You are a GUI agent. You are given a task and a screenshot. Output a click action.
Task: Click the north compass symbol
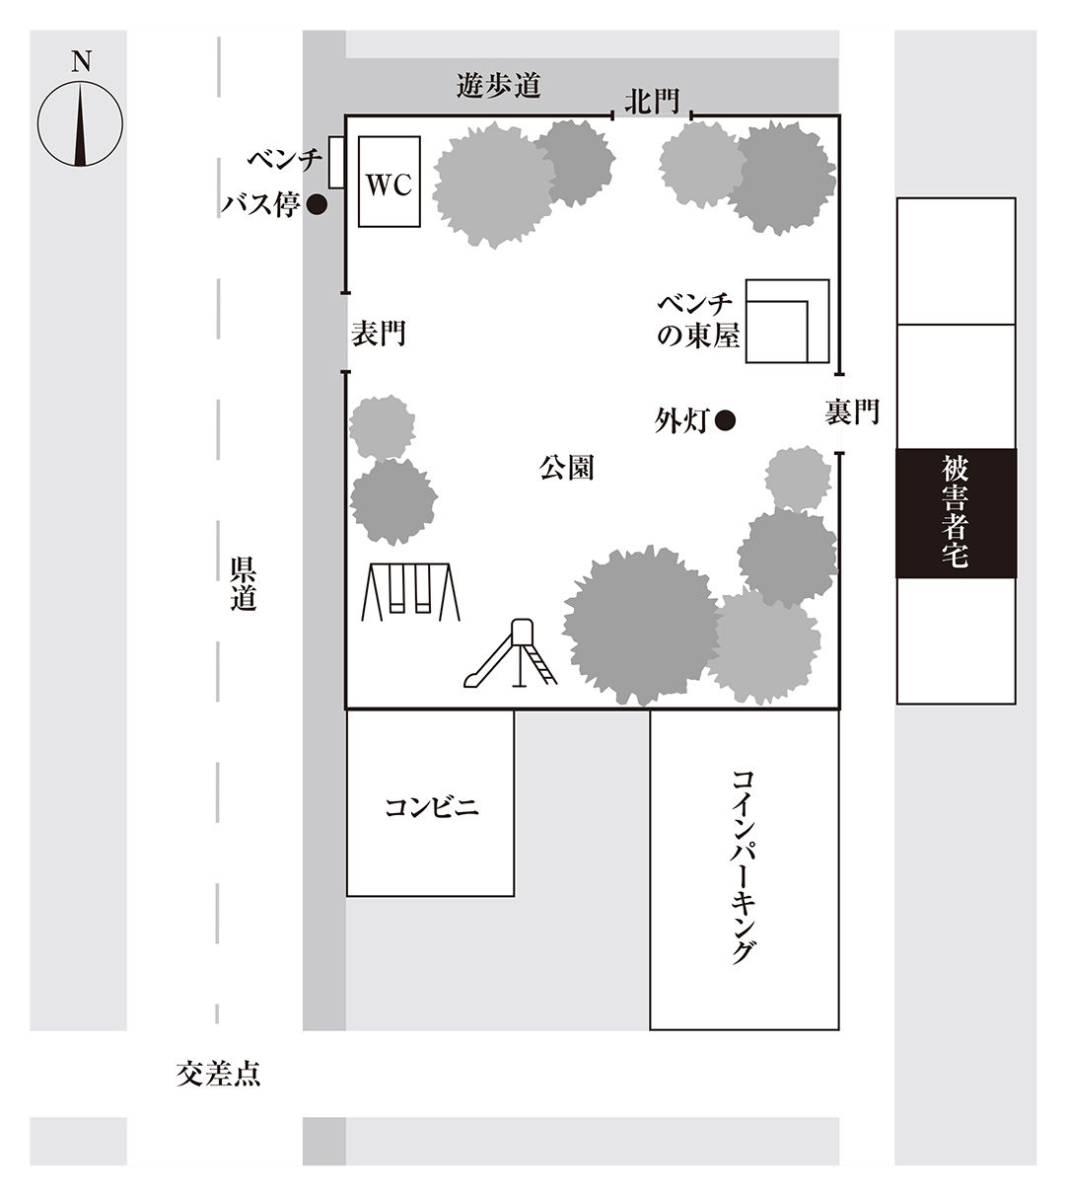pyautogui.click(x=80, y=124)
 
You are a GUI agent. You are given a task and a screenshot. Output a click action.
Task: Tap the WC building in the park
pyautogui.click(x=390, y=182)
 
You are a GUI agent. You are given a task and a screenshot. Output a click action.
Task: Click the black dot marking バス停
pyautogui.click(x=317, y=205)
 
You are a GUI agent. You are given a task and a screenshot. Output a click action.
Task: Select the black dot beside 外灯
pyautogui.click(x=725, y=420)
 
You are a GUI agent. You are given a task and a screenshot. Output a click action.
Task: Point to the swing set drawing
pyautogui.click(x=410, y=591)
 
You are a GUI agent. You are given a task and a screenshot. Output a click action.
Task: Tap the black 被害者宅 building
pyautogui.click(x=957, y=512)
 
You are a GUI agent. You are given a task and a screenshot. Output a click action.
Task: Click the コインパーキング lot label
pyautogui.click(x=744, y=866)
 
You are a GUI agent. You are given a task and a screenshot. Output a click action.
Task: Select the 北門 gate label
pyautogui.click(x=652, y=102)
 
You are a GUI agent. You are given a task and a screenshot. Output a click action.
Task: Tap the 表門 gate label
pyautogui.click(x=378, y=334)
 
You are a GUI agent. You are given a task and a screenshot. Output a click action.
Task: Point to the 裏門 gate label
pyautogui.click(x=852, y=411)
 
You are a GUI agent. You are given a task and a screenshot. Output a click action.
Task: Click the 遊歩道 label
pyautogui.click(x=499, y=86)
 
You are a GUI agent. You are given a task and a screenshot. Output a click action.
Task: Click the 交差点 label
pyautogui.click(x=218, y=1074)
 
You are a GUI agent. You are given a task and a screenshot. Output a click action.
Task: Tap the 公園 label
pyautogui.click(x=566, y=468)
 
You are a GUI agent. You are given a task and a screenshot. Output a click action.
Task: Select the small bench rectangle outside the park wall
pyautogui.click(x=336, y=163)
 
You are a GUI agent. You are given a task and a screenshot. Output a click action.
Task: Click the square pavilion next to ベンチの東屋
pyautogui.click(x=788, y=321)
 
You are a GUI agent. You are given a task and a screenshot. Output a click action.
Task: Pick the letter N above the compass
pyautogui.click(x=82, y=61)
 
